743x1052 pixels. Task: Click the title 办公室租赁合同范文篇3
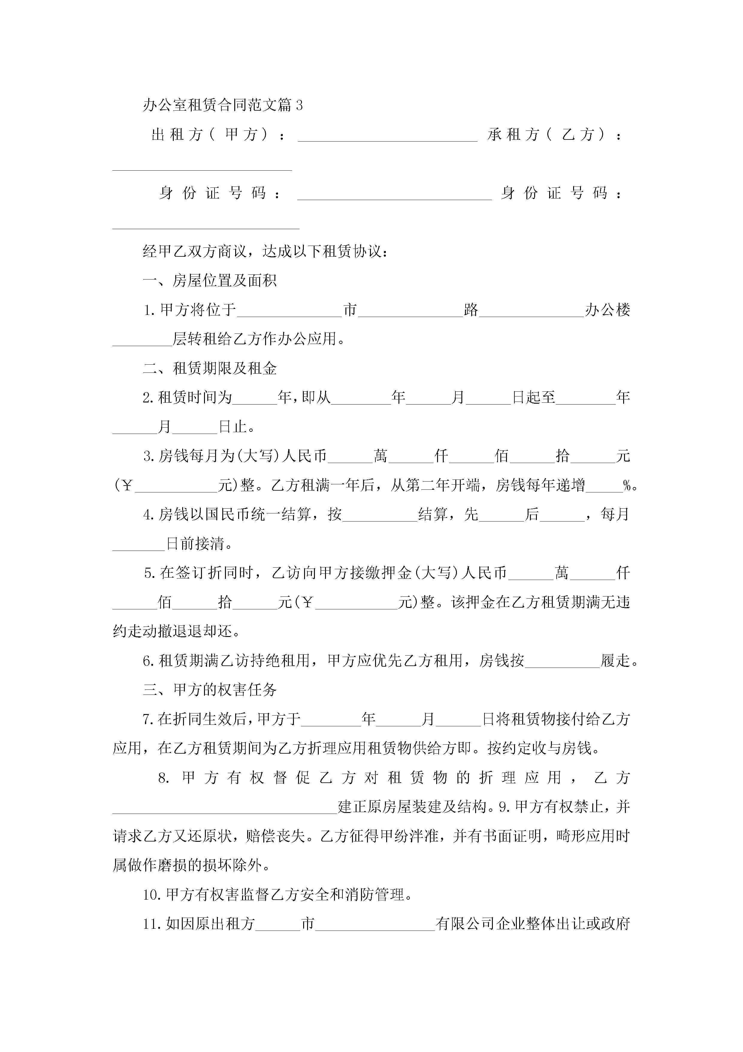click(x=223, y=105)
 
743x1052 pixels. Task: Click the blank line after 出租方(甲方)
click(x=387, y=137)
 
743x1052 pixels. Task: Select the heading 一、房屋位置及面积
click(x=210, y=280)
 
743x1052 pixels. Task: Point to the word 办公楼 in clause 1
click(x=608, y=310)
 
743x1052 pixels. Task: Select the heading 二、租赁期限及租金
click(x=210, y=368)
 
